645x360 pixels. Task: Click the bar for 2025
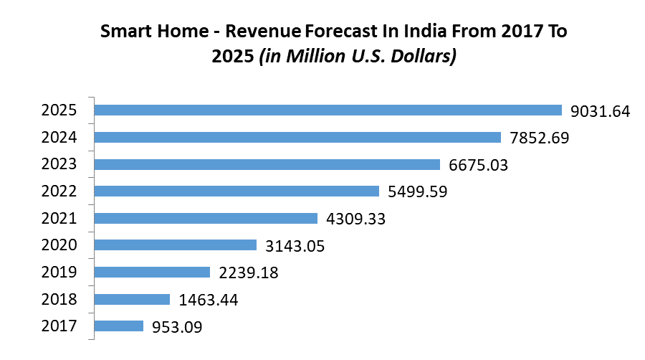point(328,110)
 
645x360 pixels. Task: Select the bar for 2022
point(236,191)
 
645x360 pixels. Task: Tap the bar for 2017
point(119,326)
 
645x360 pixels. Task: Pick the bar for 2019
point(152,273)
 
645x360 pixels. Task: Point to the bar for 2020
point(176,245)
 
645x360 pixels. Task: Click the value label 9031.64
point(600,111)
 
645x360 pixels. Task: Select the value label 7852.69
point(539,138)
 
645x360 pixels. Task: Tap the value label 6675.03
point(478,165)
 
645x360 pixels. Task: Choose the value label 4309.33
point(355,219)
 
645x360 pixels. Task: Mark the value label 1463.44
point(208,300)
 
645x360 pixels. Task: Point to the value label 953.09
point(177,327)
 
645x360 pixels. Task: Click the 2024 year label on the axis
point(59,137)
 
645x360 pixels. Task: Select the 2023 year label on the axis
point(59,164)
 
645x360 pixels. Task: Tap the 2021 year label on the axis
point(59,218)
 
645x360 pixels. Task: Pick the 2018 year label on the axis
point(59,299)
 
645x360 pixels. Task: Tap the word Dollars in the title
point(426,56)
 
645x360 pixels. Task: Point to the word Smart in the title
point(122,32)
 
